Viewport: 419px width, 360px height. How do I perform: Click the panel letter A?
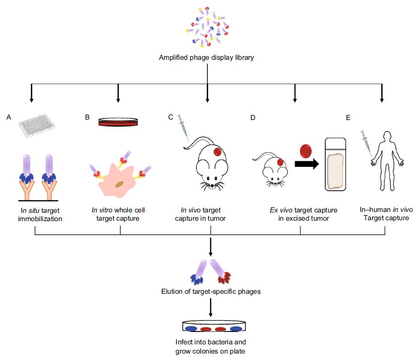[x=9, y=118]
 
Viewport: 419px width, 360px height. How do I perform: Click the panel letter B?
[x=87, y=118]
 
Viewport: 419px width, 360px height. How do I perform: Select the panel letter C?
[x=170, y=118]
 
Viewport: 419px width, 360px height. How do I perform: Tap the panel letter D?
[x=253, y=118]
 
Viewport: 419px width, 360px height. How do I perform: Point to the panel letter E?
[x=348, y=118]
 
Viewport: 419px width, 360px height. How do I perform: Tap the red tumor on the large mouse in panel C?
[x=217, y=151]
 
